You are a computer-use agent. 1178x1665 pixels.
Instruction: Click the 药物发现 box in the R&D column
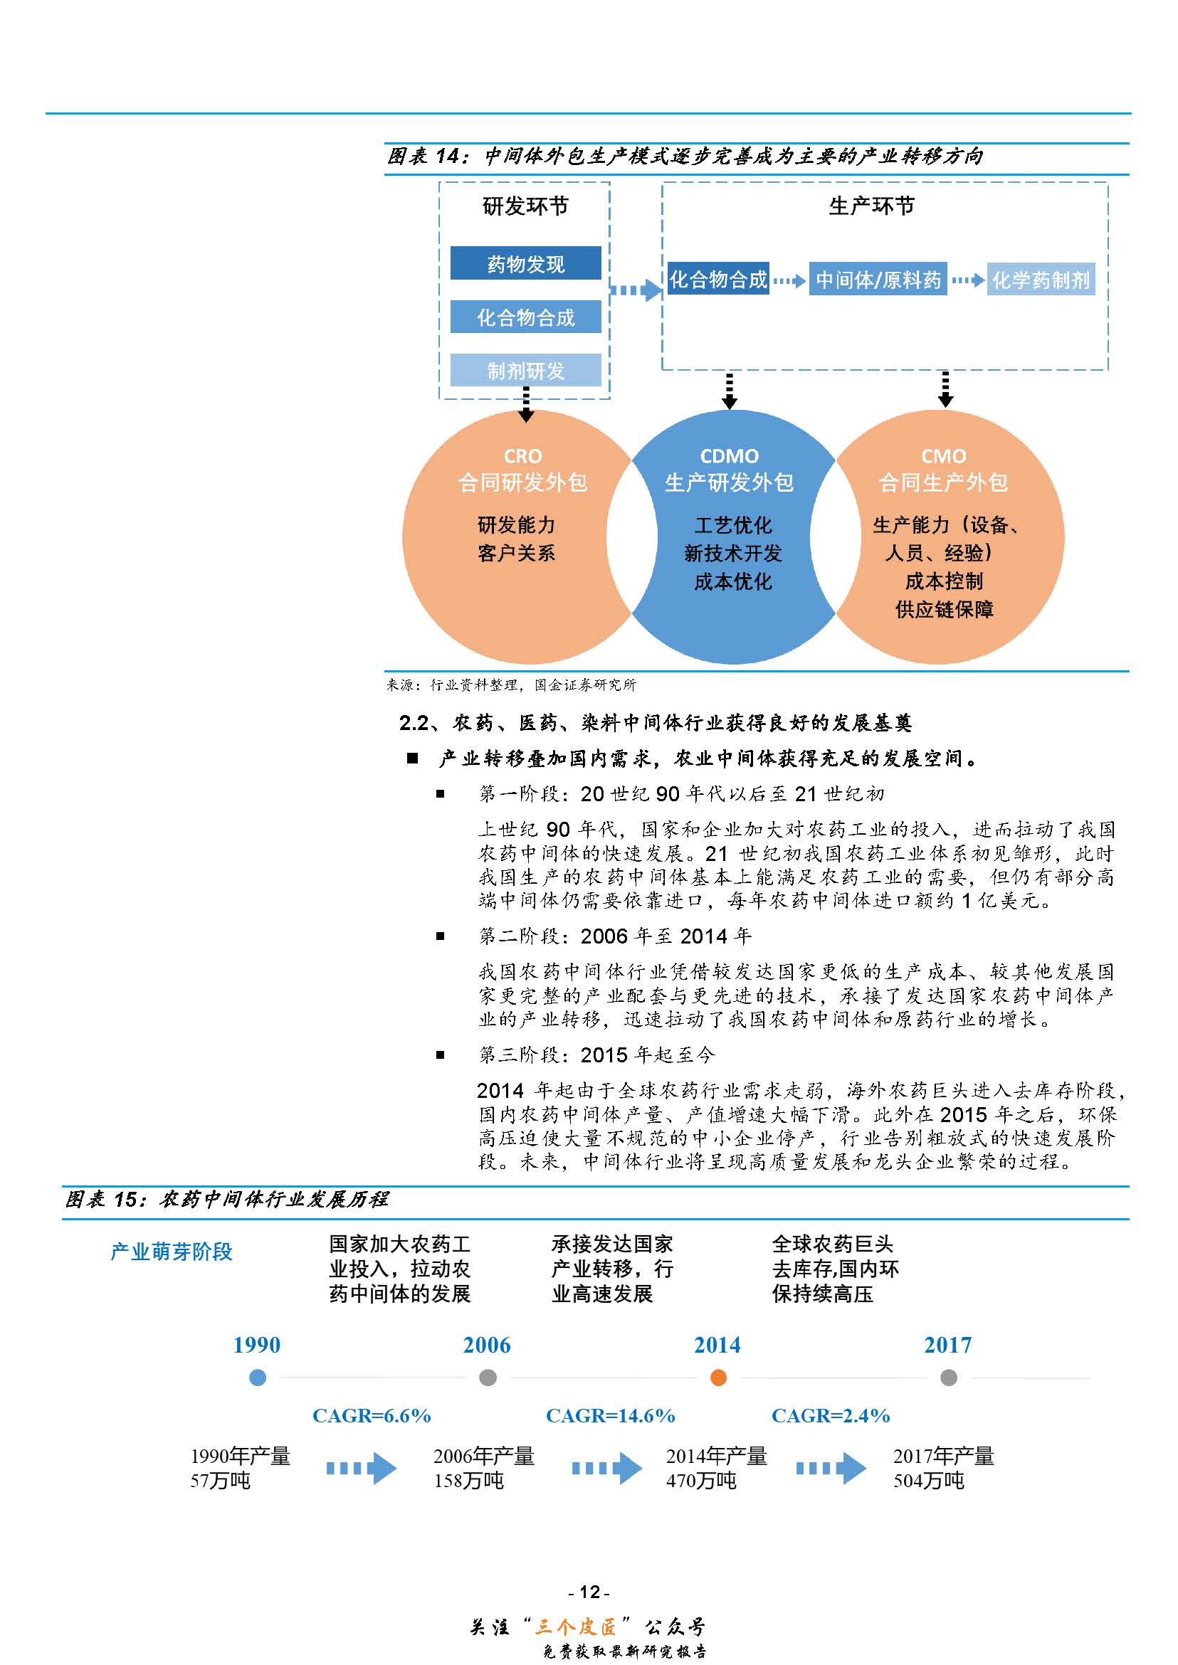525,263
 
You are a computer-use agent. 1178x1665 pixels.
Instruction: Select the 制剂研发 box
525,371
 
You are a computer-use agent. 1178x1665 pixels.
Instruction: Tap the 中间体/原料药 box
878,279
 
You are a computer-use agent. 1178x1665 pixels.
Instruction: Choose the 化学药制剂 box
1040,279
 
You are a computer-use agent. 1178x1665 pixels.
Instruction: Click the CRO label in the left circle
522,456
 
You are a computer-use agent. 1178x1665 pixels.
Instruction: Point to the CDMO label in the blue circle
729,456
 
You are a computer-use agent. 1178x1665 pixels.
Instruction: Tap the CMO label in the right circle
943,456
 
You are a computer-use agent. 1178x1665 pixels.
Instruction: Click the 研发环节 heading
525,206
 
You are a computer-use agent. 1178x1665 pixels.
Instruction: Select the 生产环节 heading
871,206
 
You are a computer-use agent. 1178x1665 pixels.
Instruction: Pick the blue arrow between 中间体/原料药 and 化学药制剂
967,280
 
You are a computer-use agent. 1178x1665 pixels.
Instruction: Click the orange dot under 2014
718,1378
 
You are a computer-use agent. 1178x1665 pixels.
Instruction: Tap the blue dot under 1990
258,1378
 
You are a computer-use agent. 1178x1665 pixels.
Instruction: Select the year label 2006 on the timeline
487,1346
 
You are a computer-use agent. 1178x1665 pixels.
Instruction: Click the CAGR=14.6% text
610,1415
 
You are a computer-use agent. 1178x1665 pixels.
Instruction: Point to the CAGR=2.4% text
831,1415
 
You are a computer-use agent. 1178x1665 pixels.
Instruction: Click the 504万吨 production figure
928,1481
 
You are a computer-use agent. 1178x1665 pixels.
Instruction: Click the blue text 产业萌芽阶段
172,1252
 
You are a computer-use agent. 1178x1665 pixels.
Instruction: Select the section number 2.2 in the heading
414,723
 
